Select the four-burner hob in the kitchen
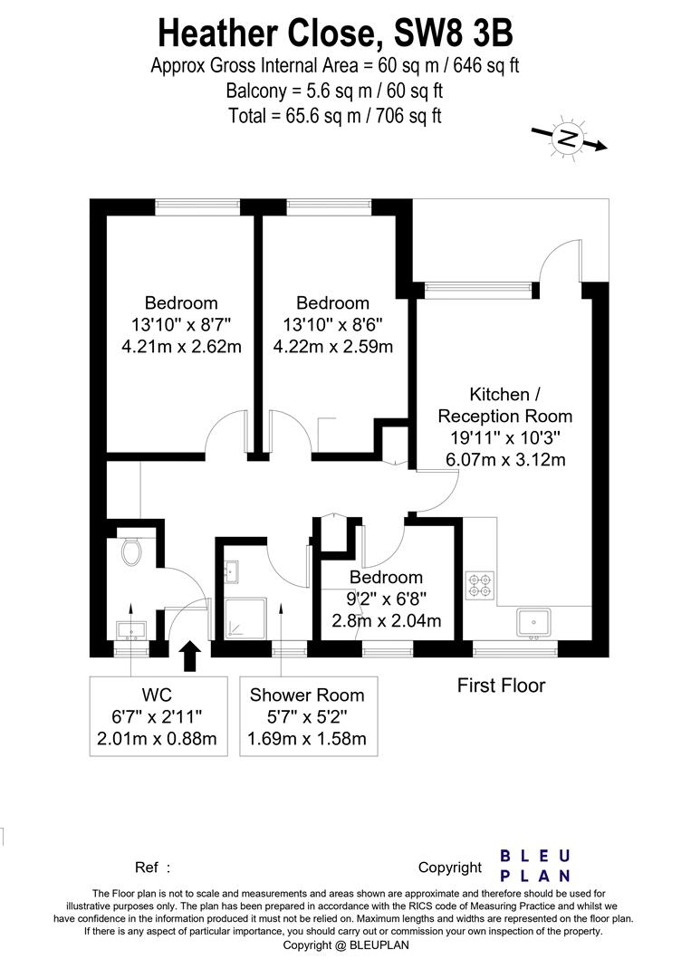coord(480,585)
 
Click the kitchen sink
coord(533,624)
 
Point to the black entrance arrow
coord(189,657)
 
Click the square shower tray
coord(245,618)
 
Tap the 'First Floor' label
coord(502,686)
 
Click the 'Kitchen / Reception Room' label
coord(504,406)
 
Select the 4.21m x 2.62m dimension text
coord(181,346)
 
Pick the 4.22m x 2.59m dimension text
coord(333,346)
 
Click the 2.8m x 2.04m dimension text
coord(386,620)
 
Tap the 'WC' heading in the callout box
coord(158,695)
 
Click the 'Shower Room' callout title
coord(307,695)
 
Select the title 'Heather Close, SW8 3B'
coord(335,34)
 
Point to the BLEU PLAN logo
coord(535,866)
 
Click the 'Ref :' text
coord(152,867)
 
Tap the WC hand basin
coord(131,630)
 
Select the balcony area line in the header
coord(334,91)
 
